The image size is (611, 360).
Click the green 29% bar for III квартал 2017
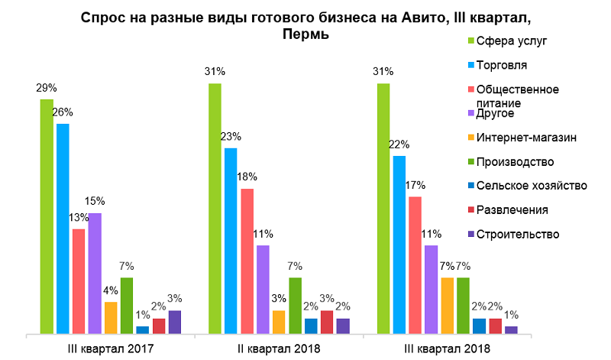point(47,217)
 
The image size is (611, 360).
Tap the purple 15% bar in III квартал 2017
point(95,274)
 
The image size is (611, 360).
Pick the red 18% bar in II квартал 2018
point(247,261)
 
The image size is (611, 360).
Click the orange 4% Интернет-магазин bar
point(111,318)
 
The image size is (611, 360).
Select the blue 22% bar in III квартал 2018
point(399,245)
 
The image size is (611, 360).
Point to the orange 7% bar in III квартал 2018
point(447,306)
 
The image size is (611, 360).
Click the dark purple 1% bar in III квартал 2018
point(511,329)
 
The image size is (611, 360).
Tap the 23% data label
point(231,137)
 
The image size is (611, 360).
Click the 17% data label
point(415,185)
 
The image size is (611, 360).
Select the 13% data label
point(78,217)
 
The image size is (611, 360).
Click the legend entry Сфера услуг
point(510,41)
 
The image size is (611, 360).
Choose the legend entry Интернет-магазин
point(525,138)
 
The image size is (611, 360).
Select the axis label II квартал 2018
point(279,349)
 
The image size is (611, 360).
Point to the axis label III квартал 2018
point(447,349)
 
